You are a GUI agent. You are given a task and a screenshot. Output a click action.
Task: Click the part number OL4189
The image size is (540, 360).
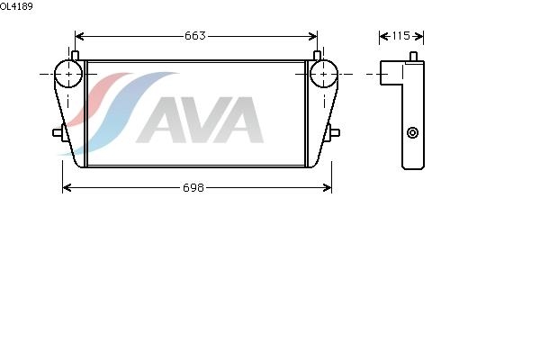[16, 6]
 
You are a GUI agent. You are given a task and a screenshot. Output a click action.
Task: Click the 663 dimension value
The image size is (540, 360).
[195, 36]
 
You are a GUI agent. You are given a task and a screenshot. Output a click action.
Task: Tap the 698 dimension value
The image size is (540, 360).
[194, 187]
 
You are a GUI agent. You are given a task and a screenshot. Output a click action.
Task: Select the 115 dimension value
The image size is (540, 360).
[401, 36]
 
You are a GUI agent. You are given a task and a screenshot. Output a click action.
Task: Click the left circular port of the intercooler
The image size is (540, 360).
[68, 74]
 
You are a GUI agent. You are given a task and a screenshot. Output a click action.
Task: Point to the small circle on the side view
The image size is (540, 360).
[413, 133]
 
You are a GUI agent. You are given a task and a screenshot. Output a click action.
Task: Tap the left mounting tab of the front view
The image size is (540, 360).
[58, 134]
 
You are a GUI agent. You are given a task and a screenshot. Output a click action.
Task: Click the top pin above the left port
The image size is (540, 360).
[76, 56]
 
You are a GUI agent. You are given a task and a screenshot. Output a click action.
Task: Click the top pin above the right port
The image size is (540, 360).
[317, 56]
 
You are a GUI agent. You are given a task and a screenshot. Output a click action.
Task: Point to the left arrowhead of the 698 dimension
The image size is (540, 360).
[66, 187]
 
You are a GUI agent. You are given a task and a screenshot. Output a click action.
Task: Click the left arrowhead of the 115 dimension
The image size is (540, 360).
[382, 36]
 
